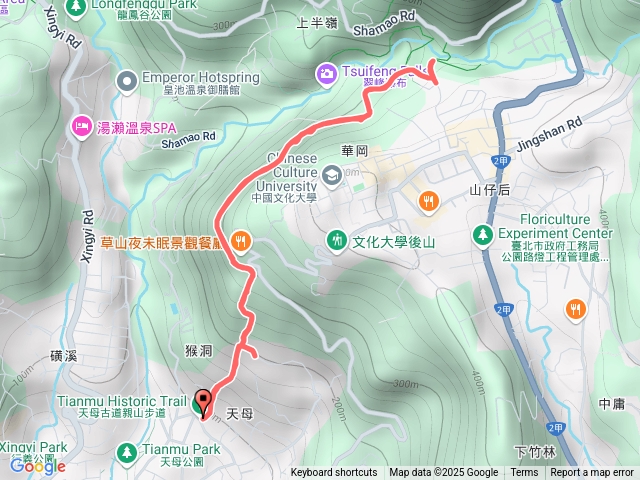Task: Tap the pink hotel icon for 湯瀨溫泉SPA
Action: click(80, 125)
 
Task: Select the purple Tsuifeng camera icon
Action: click(326, 72)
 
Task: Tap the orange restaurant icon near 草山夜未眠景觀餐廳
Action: click(240, 240)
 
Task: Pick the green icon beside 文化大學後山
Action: click(337, 240)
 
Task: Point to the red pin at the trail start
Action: click(204, 403)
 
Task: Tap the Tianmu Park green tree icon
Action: click(127, 452)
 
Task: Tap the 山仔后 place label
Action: click(489, 189)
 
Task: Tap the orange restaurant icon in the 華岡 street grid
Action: click(428, 200)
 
